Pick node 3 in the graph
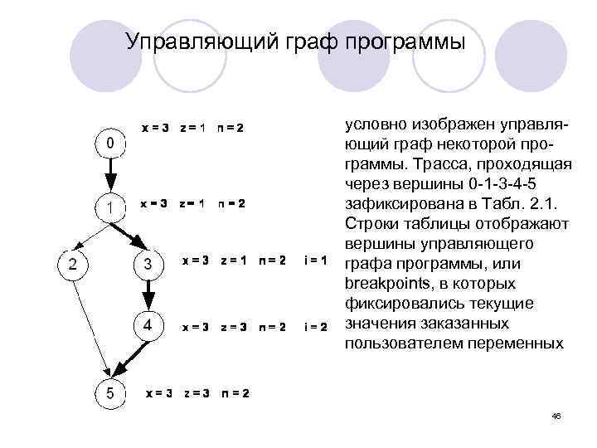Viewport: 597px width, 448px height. coord(147,265)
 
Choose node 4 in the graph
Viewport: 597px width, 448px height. coord(147,326)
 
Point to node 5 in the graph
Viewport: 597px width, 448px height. coord(109,392)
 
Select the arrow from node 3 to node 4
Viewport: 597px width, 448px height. coord(147,295)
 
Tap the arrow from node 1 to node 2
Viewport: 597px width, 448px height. coord(90,235)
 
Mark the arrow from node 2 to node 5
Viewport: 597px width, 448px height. coord(90,327)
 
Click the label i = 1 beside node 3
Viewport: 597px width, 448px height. coord(316,261)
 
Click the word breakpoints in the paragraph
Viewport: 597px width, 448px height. coord(381,285)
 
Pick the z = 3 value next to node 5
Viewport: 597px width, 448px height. coord(197,392)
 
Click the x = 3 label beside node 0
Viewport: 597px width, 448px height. coord(155,128)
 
